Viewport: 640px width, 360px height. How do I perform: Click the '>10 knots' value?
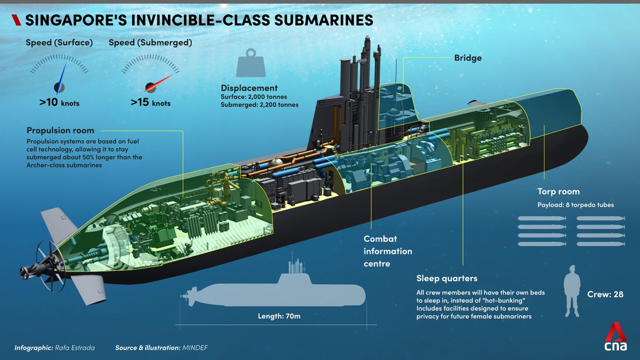tap(59, 102)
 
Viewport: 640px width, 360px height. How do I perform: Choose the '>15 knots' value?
tap(150, 102)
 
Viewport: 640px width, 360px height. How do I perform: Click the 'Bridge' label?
tap(468, 58)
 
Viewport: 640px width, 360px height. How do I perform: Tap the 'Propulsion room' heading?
tap(60, 131)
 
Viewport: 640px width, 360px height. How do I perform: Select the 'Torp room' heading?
tap(558, 191)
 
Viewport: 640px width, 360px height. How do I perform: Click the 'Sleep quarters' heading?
tap(446, 278)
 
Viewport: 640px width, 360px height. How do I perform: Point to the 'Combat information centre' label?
tap(388, 251)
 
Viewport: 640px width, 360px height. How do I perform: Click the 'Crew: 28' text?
tap(605, 294)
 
